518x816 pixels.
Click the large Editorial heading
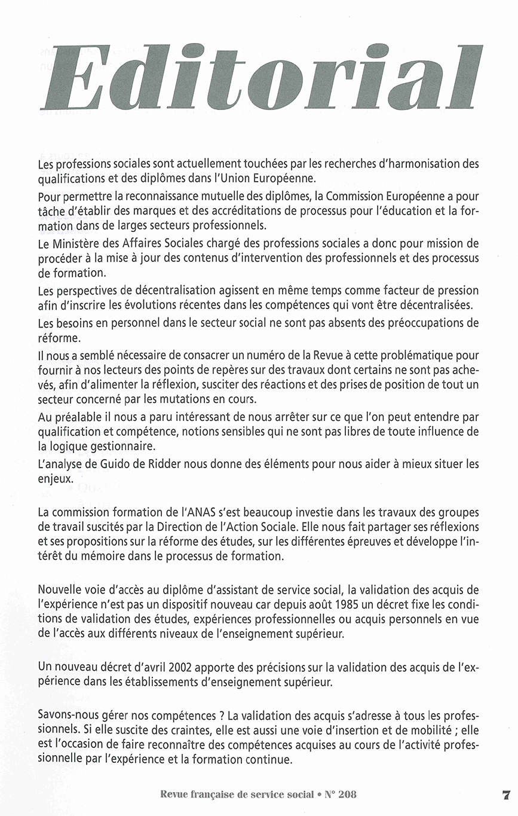260,78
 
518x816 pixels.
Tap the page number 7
505,794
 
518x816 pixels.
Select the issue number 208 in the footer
347,794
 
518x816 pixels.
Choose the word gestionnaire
121,444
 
